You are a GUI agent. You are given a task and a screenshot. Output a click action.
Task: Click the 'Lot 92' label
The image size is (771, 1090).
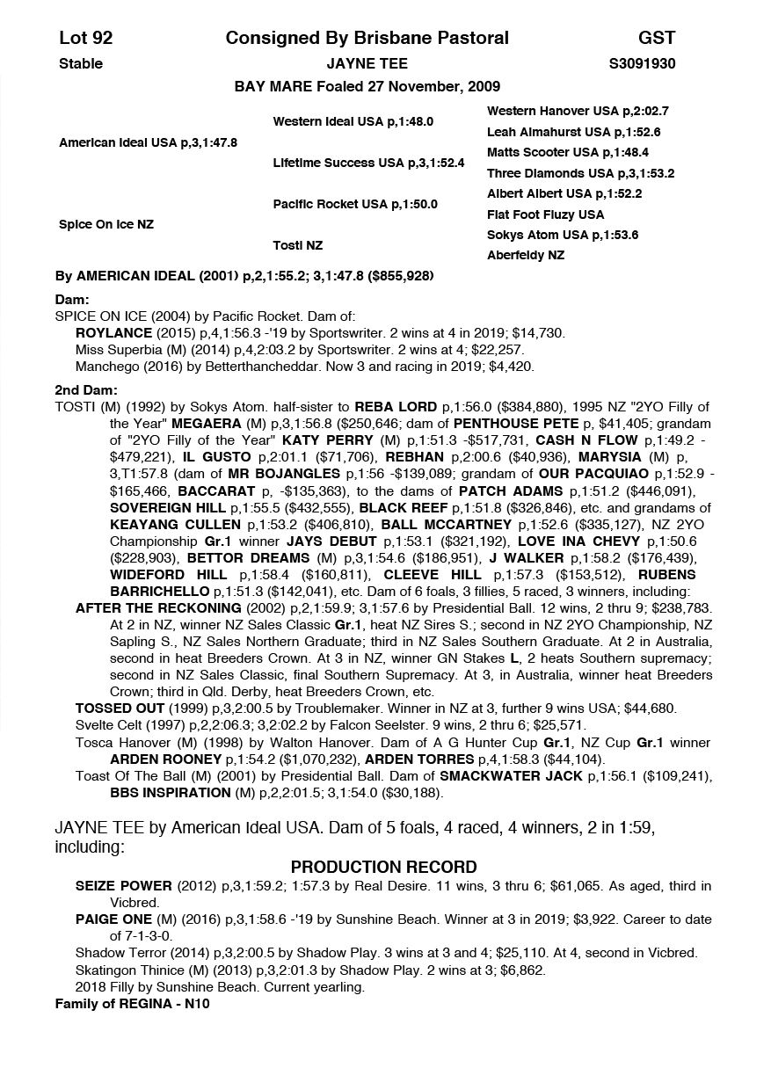[x=85, y=38]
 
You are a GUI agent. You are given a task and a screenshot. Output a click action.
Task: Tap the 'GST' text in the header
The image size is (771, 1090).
[x=657, y=38]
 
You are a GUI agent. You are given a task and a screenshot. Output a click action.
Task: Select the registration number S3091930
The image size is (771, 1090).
[x=642, y=63]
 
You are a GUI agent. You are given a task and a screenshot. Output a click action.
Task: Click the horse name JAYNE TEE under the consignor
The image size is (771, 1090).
[x=367, y=63]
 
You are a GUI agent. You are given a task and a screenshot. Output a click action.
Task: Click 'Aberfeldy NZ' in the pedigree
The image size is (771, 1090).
[x=526, y=256]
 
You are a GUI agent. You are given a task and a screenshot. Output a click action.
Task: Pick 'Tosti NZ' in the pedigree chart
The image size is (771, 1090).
[x=297, y=245]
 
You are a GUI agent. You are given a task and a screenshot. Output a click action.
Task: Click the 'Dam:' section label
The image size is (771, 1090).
[x=72, y=300]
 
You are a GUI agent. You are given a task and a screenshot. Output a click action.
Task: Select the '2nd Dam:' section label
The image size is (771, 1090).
[x=86, y=390]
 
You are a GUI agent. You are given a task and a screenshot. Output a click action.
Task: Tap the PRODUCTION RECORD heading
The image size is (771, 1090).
[x=383, y=867]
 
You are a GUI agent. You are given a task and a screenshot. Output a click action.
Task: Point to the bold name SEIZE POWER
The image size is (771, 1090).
[x=123, y=886]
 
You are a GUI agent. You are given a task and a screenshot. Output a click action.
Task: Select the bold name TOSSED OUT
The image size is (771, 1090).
[x=120, y=708]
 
